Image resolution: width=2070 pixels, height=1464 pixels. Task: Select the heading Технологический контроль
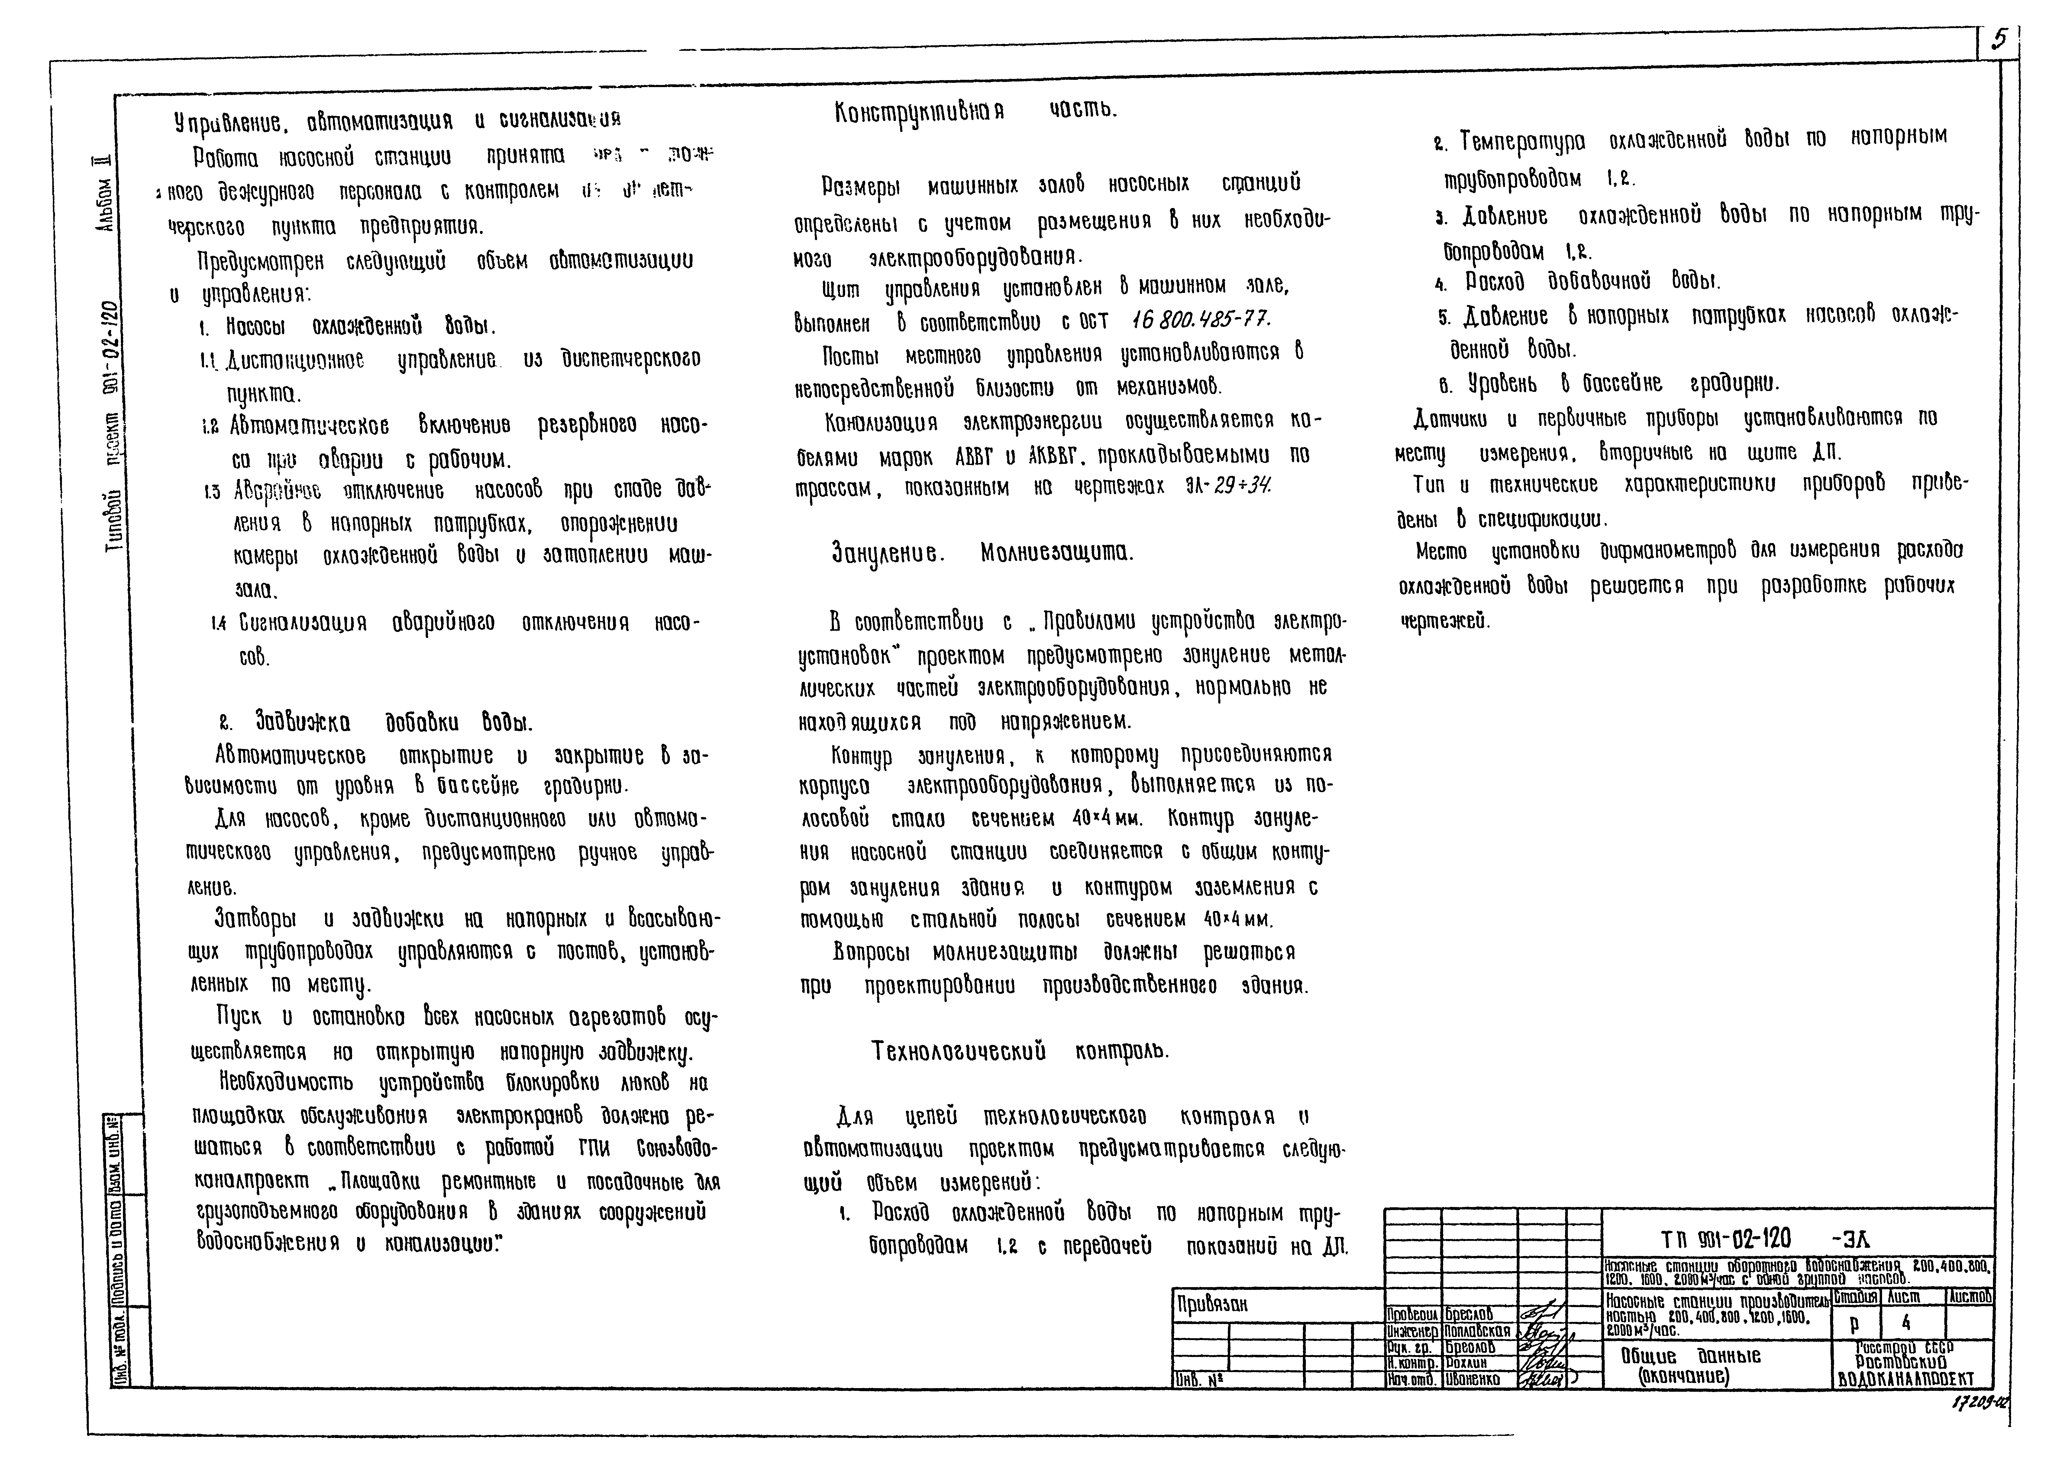click(1019, 1051)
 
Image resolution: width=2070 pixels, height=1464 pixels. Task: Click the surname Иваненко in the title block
click(1473, 1379)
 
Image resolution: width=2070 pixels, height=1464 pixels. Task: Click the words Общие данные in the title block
click(1690, 1356)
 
